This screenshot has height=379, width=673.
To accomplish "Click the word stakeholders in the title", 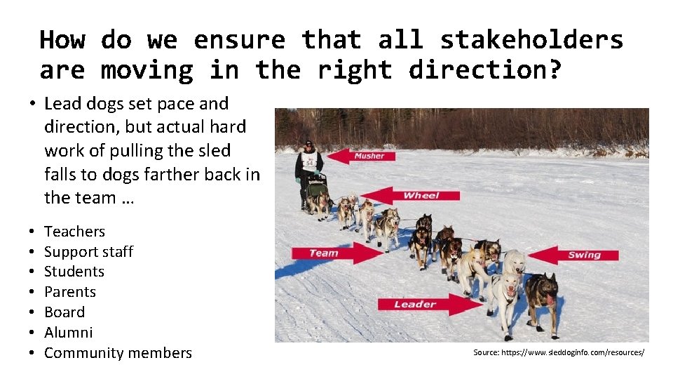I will (x=531, y=39).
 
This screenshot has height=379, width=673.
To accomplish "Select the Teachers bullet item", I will (x=74, y=231).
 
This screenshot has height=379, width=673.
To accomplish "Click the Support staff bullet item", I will (x=88, y=251).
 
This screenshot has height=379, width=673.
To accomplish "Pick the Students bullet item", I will (x=74, y=272).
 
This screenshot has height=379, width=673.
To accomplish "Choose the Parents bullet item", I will (x=70, y=292).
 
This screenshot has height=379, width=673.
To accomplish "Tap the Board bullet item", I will (x=64, y=312).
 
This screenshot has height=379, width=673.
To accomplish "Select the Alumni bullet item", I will (x=68, y=333).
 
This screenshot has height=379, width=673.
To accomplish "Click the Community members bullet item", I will (x=118, y=353).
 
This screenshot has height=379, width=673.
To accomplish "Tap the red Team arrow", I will (x=336, y=253).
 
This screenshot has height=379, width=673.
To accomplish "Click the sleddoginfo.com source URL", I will (x=558, y=352).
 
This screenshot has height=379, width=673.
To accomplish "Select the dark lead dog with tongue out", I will (x=542, y=298).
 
